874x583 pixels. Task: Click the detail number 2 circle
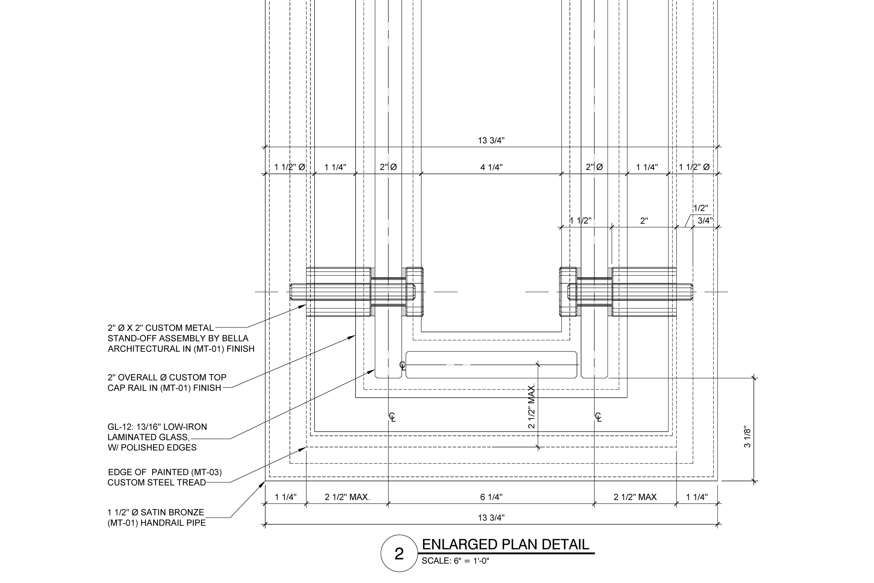click(399, 554)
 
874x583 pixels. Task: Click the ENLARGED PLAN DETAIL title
click(506, 544)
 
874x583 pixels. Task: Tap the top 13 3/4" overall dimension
click(491, 141)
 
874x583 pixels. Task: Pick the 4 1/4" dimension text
click(491, 167)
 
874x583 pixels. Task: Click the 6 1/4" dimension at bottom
click(491, 497)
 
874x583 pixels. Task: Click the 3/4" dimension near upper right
click(704, 220)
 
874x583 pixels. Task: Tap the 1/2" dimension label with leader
click(701, 208)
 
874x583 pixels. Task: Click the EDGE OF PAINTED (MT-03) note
click(165, 472)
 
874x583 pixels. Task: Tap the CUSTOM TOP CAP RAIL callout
click(166, 383)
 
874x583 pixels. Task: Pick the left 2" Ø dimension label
click(388, 167)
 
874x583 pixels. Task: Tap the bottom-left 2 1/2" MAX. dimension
click(347, 497)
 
